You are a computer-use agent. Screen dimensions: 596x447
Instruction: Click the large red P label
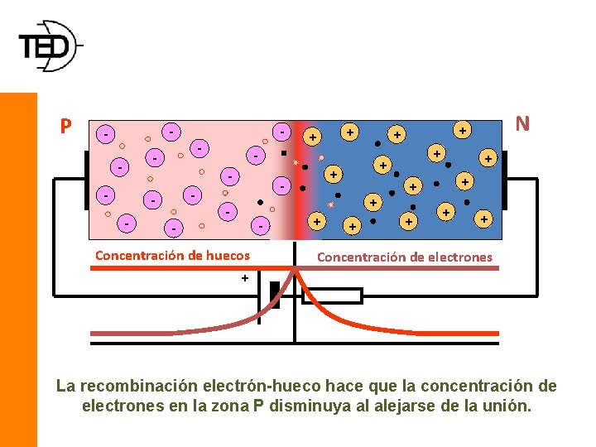pos(65,127)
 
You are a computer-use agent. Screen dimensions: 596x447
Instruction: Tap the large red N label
pos(522,124)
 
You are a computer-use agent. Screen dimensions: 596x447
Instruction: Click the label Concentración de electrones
pos(405,257)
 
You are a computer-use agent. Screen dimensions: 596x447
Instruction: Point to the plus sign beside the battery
pos(245,279)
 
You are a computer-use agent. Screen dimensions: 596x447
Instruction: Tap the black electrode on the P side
pos(86,180)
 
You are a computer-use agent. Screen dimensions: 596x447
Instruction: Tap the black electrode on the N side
pos(504,180)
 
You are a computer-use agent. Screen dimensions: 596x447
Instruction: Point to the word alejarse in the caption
pos(402,406)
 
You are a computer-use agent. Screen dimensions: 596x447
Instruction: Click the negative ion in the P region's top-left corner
pos(105,133)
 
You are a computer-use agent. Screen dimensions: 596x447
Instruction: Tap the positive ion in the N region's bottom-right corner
pos(483,219)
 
